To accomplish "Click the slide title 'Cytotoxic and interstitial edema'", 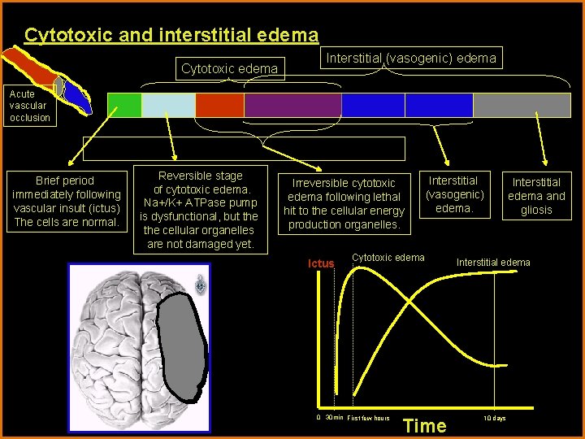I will [171, 35].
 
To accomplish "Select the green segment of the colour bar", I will [124, 106].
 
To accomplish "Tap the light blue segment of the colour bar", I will [168, 106].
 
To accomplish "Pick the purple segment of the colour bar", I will [292, 106].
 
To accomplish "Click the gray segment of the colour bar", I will [522, 106].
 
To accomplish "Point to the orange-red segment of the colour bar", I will [219, 106].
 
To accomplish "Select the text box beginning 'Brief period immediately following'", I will [66, 201].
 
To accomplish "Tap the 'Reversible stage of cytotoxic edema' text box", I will [200, 210].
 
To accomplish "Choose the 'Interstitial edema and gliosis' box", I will [536, 196].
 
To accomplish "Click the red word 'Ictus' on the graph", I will [321, 263].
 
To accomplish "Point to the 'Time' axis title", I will [425, 425].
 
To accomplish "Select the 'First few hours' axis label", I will [368, 418].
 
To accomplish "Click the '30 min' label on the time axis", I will [333, 418].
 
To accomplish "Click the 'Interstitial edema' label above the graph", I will [493, 262].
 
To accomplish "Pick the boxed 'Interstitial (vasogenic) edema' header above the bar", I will [410, 58].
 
